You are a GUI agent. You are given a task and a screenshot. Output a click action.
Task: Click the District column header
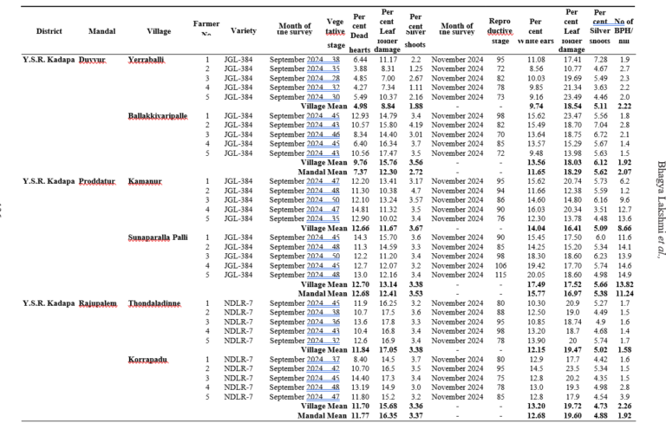point(49,31)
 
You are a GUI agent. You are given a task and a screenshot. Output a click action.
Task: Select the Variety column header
point(244,30)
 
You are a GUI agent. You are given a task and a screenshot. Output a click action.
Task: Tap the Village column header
point(160,31)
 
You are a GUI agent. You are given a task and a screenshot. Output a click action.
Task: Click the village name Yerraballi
point(149,59)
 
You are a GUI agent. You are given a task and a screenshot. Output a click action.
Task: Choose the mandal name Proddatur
point(99,180)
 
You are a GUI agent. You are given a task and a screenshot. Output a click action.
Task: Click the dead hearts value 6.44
point(360,59)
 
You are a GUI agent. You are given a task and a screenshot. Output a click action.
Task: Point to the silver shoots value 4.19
point(415,125)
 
